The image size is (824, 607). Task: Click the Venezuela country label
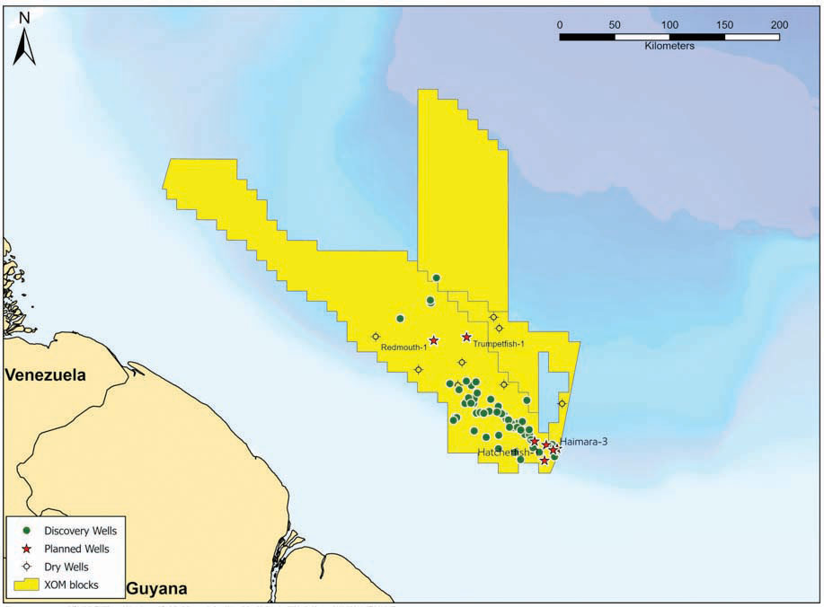pyautogui.click(x=46, y=375)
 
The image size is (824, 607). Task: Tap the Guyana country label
pyautogui.click(x=156, y=589)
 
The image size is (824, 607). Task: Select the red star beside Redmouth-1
pyautogui.click(x=434, y=340)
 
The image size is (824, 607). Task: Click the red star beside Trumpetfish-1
pyautogui.click(x=466, y=337)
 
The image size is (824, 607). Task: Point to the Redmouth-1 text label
pyautogui.click(x=403, y=347)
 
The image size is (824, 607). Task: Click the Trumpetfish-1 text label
pyautogui.click(x=499, y=343)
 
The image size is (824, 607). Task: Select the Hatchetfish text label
pyautogui.click(x=502, y=452)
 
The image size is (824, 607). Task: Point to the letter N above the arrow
pyautogui.click(x=24, y=16)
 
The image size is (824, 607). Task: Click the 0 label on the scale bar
pyautogui.click(x=560, y=24)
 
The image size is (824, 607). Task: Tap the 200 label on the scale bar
pyautogui.click(x=779, y=24)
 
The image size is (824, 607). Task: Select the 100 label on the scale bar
pyautogui.click(x=669, y=24)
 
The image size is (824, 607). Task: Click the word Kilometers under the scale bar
pyautogui.click(x=669, y=46)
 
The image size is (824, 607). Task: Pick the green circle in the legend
pyautogui.click(x=27, y=531)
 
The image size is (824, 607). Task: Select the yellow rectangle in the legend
pyautogui.click(x=27, y=585)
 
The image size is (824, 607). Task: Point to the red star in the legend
pyautogui.click(x=27, y=549)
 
